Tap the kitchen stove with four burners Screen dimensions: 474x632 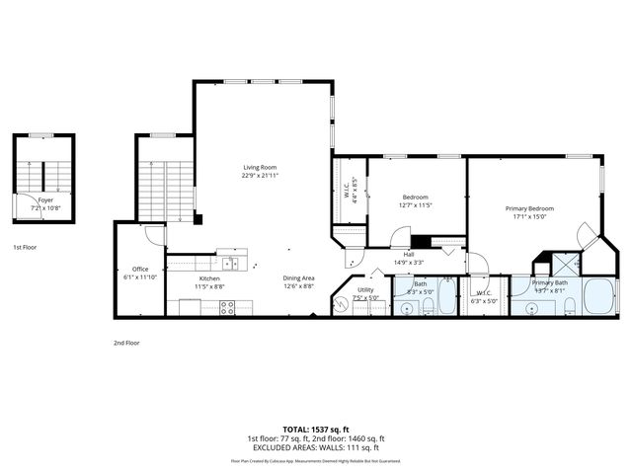tap(226, 308)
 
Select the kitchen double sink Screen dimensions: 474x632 tap(229, 263)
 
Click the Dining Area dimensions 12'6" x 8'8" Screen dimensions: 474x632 tap(299, 286)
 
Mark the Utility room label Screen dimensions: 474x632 tap(366, 289)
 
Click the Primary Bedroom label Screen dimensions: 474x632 tap(529, 208)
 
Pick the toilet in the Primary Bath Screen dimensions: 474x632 tap(571, 308)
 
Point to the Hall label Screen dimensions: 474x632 tap(409, 255)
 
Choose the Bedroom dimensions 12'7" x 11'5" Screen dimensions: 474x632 tap(416, 204)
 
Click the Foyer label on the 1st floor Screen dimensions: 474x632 tap(45, 199)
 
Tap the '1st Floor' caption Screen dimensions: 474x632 tap(27, 247)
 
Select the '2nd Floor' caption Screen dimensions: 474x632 tap(126, 342)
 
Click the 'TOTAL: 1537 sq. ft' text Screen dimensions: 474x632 tap(316, 429)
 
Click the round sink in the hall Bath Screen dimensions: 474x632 tap(408, 307)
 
